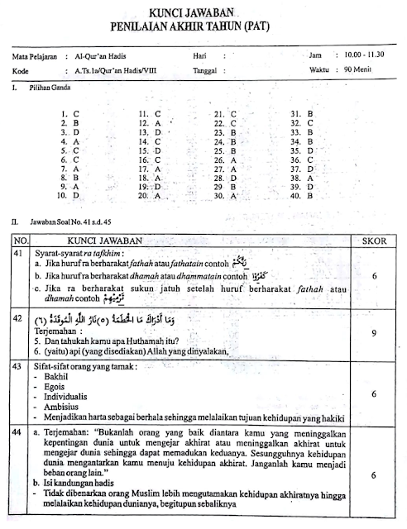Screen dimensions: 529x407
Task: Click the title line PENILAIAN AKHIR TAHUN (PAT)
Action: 203,27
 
